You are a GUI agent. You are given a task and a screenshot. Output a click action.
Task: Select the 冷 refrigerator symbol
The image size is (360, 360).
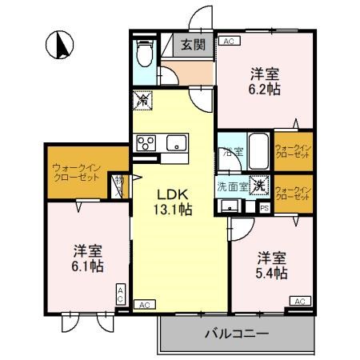[143, 101]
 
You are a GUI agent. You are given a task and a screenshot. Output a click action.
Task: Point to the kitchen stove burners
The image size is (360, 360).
[146, 143]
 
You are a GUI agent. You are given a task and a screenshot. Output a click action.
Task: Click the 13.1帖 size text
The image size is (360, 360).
[173, 210]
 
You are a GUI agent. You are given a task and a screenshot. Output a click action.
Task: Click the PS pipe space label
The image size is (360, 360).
[264, 208]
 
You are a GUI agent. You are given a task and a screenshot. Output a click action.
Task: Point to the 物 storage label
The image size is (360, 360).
[118, 182]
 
